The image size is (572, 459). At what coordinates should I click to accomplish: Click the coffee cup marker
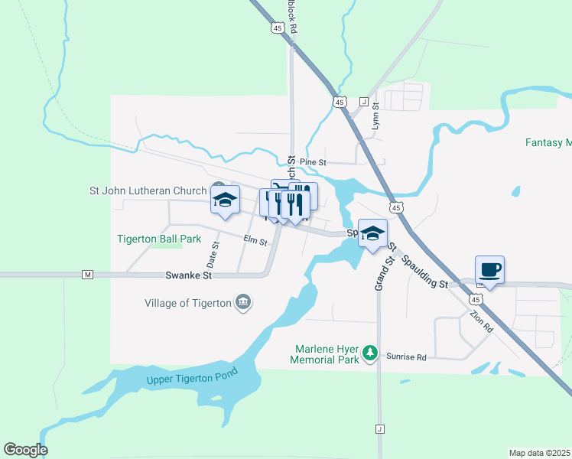[489, 270]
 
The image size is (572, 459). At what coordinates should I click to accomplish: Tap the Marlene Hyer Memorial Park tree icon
[370, 352]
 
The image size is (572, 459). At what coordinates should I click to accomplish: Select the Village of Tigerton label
[187, 303]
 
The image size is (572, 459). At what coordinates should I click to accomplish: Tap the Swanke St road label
[188, 275]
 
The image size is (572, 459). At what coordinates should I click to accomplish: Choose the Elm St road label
[255, 242]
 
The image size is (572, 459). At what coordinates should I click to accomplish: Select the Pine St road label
[313, 162]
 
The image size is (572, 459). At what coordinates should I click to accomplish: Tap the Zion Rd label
[482, 320]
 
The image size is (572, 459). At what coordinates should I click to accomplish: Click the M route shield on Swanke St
[87, 274]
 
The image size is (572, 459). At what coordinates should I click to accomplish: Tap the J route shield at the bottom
[379, 429]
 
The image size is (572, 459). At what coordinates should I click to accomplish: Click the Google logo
[25, 450]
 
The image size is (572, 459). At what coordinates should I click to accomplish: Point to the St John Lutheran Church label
[148, 190]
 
